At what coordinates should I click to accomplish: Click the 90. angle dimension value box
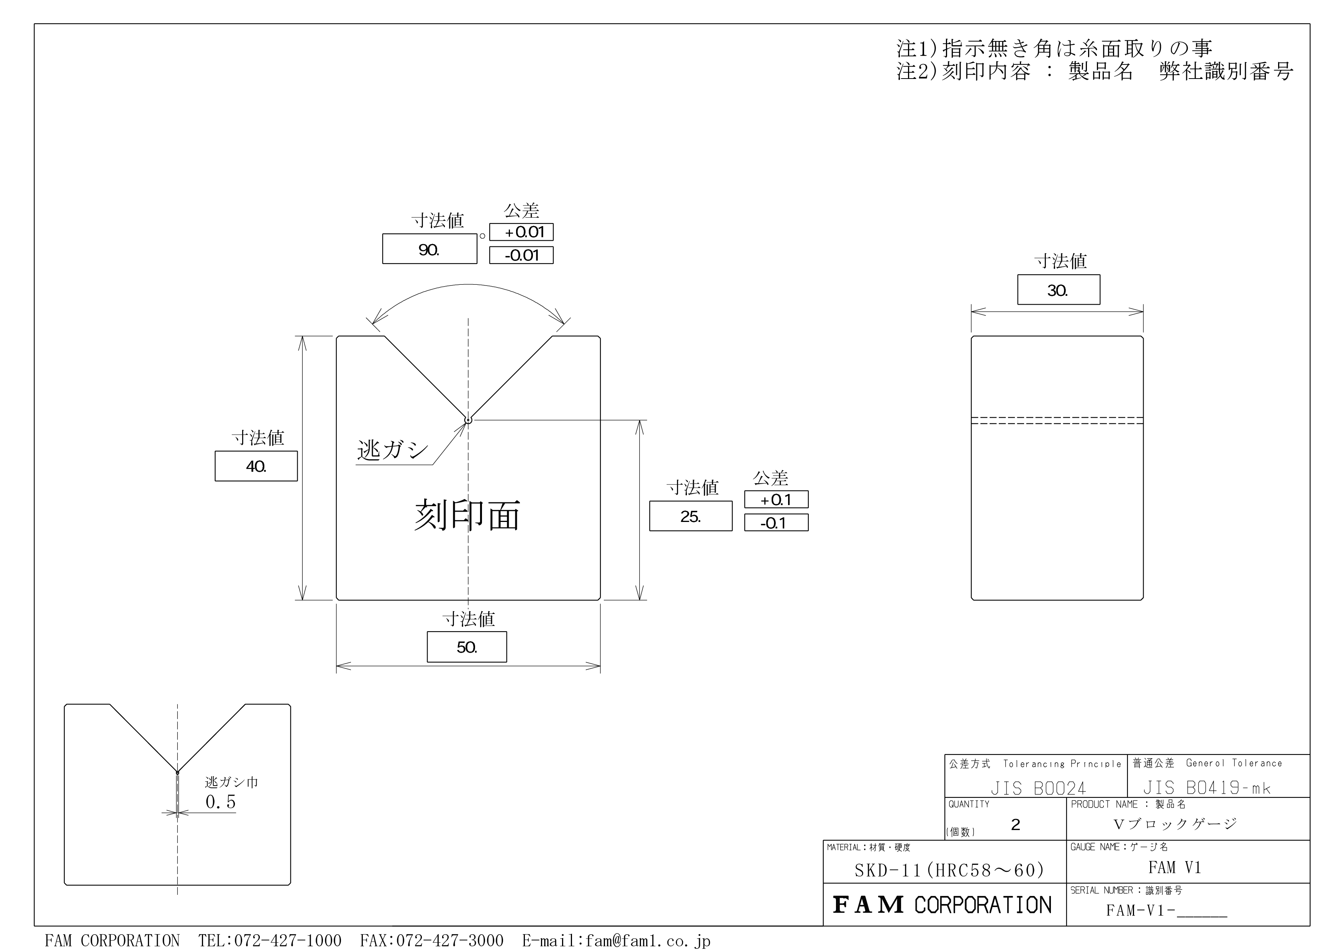(429, 249)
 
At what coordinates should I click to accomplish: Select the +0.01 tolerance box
(521, 232)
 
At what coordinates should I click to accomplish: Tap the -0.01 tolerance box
(521, 255)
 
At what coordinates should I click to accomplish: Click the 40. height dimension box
(256, 466)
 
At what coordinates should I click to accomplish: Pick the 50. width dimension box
(467, 647)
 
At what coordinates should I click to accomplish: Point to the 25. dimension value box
(691, 516)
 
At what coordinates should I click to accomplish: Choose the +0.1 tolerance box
(776, 499)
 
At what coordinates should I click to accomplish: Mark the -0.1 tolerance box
(776, 522)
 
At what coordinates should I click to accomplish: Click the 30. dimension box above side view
(1058, 290)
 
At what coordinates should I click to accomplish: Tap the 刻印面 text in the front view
(467, 515)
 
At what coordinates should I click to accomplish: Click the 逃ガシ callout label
(393, 450)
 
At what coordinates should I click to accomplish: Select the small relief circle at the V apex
(468, 420)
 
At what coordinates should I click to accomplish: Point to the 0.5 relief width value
(221, 802)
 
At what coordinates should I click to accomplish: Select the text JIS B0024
(1038, 788)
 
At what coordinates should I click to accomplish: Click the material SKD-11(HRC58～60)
(949, 870)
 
